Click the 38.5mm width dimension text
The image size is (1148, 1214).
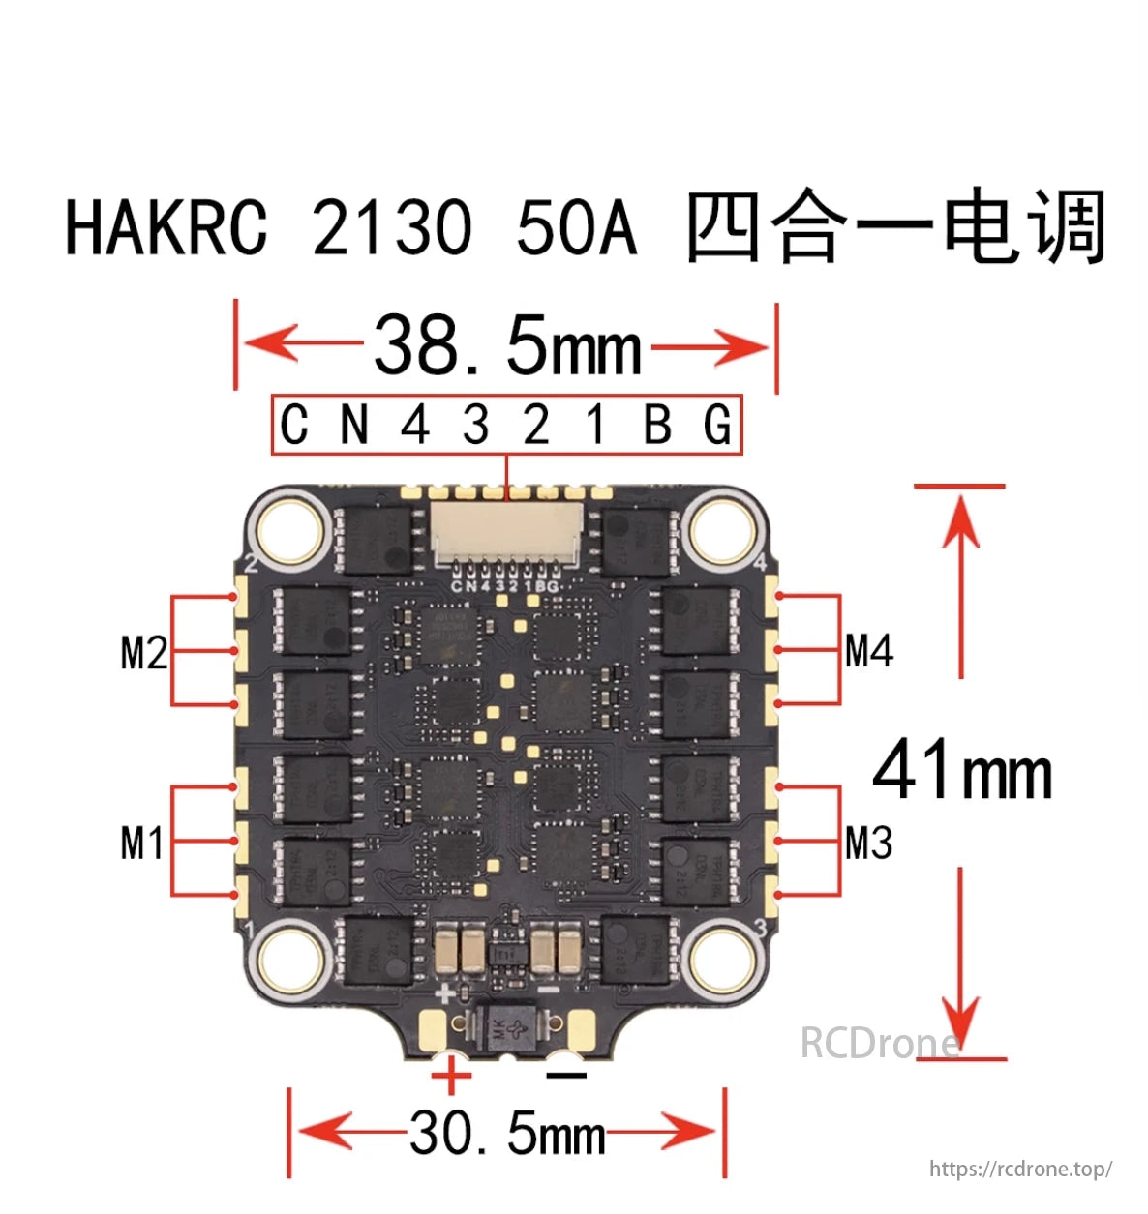pyautogui.click(x=507, y=345)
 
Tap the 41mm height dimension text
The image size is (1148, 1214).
pyautogui.click(x=961, y=770)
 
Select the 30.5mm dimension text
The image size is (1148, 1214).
pyautogui.click(x=507, y=1133)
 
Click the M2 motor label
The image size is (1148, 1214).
pyautogui.click(x=143, y=653)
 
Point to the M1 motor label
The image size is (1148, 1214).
pyautogui.click(x=141, y=843)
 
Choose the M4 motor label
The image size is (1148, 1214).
pyautogui.click(x=868, y=651)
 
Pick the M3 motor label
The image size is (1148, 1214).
pyautogui.click(x=868, y=843)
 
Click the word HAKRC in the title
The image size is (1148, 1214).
pyautogui.click(x=166, y=228)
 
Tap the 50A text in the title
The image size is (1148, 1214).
pyautogui.click(x=576, y=228)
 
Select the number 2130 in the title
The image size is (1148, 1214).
pyautogui.click(x=392, y=228)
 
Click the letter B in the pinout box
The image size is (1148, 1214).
pyautogui.click(x=657, y=425)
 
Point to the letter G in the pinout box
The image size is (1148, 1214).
pyautogui.click(x=717, y=425)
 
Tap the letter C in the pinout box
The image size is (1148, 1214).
pyautogui.click(x=293, y=425)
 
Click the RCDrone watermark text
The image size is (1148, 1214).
pyautogui.click(x=880, y=1043)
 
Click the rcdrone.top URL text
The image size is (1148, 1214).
pyautogui.click(x=1020, y=1169)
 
